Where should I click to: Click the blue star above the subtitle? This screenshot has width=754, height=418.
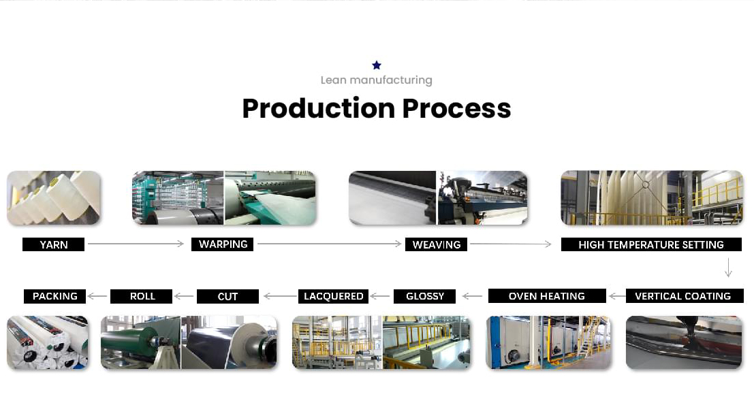(x=377, y=65)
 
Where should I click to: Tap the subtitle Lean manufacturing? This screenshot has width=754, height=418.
(x=377, y=80)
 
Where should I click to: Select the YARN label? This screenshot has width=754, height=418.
(x=53, y=244)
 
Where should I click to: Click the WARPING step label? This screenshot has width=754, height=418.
(x=223, y=244)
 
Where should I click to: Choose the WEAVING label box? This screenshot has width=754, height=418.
(x=436, y=244)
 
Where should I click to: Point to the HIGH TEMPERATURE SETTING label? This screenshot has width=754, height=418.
(x=651, y=244)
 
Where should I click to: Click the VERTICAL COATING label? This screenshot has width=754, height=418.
(x=683, y=296)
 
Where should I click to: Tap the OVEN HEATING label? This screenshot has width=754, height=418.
(x=547, y=296)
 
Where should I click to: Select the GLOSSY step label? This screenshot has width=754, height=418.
(x=424, y=296)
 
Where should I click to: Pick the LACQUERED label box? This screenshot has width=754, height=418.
(x=333, y=296)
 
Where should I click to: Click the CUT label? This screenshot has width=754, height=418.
(x=227, y=296)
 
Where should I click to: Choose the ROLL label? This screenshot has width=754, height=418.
(x=142, y=296)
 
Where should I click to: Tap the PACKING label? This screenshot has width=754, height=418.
(x=54, y=296)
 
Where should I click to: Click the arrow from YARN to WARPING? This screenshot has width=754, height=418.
(x=136, y=244)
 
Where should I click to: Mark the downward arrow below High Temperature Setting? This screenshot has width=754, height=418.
(x=729, y=268)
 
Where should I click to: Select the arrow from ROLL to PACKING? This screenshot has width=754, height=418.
(x=97, y=296)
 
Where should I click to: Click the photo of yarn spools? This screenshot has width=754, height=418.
(x=54, y=198)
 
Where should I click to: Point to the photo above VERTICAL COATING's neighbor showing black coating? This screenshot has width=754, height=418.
(x=684, y=342)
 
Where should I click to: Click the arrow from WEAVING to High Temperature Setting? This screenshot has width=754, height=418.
(x=511, y=244)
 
